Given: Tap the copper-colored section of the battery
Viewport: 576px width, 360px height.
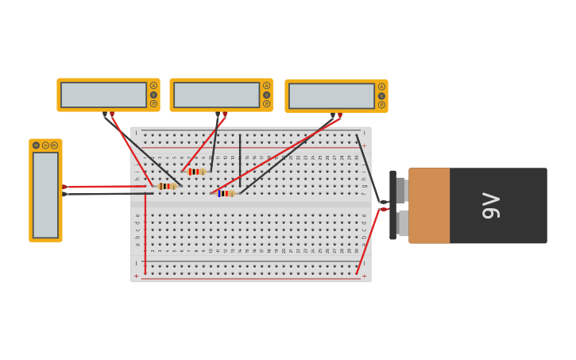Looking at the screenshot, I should [429, 206].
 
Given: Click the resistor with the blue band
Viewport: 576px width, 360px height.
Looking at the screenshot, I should [226, 193].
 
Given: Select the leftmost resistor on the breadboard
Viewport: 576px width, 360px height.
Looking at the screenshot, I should [166, 186].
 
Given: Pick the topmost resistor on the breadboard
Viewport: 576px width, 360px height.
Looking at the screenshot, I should [195, 171].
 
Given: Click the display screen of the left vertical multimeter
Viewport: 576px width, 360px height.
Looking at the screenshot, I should [45, 195].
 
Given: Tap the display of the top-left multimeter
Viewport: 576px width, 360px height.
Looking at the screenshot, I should [103, 95].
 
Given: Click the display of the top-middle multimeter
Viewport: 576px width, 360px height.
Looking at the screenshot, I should [216, 95].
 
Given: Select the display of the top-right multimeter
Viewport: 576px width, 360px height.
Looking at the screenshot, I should [331, 96].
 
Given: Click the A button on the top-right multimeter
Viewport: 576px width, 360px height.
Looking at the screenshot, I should [381, 87].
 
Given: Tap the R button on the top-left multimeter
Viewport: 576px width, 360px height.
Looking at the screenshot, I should [153, 104].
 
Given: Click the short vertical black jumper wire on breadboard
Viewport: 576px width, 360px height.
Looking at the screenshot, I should [240, 159].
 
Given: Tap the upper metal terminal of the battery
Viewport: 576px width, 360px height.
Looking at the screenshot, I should [402, 191].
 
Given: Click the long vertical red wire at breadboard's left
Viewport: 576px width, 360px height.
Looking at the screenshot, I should [145, 230].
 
